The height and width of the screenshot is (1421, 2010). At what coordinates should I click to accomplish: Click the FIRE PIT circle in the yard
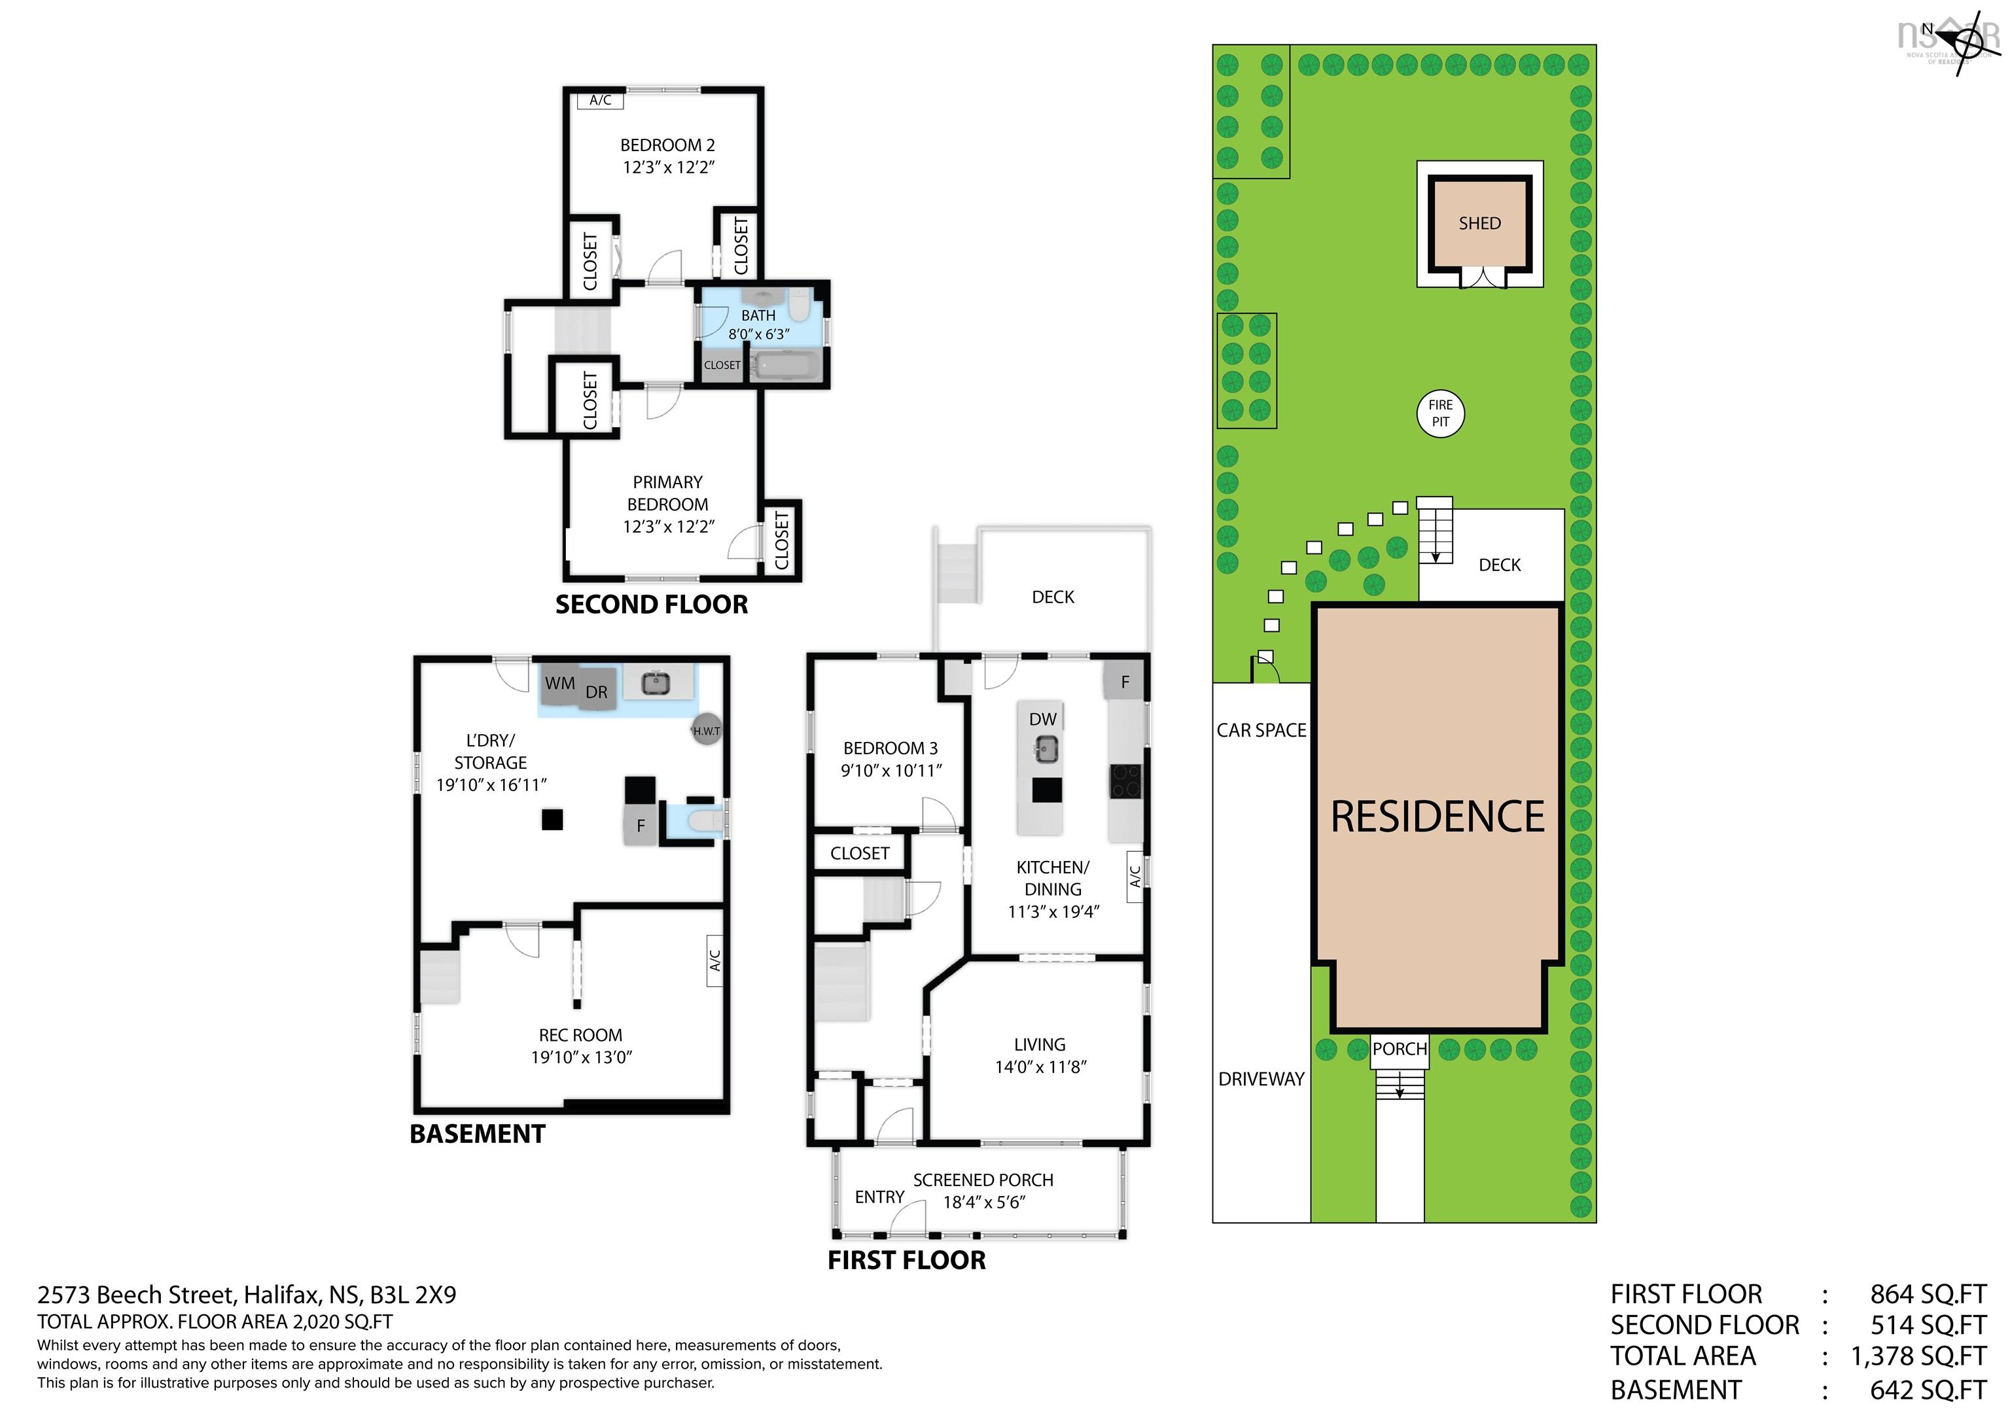(x=1440, y=414)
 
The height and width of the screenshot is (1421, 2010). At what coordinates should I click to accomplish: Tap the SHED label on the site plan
(x=1479, y=223)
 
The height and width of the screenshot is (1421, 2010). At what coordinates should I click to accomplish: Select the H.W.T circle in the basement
(x=707, y=730)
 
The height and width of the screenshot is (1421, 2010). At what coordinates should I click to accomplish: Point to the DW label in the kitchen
(x=1043, y=719)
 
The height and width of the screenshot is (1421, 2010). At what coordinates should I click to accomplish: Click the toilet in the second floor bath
(x=798, y=306)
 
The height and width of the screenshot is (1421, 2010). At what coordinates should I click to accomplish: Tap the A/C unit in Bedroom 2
(x=601, y=101)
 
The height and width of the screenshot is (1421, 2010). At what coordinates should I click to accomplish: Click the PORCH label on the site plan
(x=1399, y=1049)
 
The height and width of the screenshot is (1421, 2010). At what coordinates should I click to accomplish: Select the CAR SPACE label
(x=1261, y=730)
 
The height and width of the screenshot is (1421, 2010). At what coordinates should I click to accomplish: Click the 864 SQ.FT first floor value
(x=1928, y=1294)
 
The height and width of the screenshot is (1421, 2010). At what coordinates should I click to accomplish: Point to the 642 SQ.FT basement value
(x=1928, y=1390)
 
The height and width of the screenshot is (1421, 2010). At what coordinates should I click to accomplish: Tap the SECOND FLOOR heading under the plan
(x=651, y=604)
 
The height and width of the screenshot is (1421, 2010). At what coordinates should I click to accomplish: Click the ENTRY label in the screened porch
(x=880, y=1197)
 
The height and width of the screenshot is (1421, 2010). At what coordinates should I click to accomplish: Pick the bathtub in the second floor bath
(x=787, y=366)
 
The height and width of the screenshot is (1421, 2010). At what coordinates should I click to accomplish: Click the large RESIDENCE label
(x=1437, y=817)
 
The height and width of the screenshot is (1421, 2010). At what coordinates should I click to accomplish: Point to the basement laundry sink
(x=656, y=683)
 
